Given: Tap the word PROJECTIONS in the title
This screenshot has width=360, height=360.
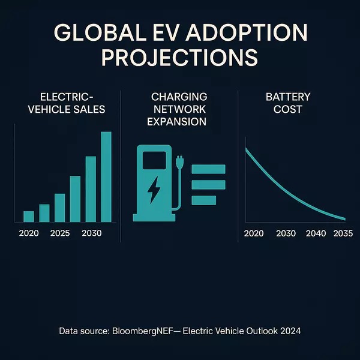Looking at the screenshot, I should point(180,58).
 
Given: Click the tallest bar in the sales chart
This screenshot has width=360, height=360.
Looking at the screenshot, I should point(106,177).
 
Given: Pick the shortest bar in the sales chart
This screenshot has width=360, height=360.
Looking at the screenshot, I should point(29,217).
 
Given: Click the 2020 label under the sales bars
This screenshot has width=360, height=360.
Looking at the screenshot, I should point(29,233).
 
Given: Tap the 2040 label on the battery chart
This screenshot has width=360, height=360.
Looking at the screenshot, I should point(316,233).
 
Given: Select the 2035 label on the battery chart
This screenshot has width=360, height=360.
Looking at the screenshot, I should point(343,233).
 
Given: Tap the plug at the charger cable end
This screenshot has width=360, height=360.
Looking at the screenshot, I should point(178,163).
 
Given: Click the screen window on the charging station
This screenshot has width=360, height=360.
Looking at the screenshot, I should point(154,160).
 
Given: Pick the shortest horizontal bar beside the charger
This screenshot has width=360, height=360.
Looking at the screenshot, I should point(203,200).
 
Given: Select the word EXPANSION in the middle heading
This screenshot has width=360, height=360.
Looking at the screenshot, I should point(179,122).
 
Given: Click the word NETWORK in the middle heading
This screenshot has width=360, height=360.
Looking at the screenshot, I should point(179,109).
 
